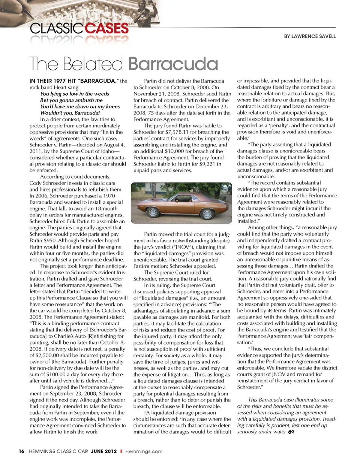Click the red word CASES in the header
coord(107,28)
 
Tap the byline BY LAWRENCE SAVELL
coord(309,36)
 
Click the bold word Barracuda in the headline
coord(173,64)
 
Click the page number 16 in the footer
coord(21,451)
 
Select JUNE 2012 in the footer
coord(103,451)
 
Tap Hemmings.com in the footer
coord(144,451)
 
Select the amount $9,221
coord(204,164)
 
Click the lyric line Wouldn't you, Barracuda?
coord(70,113)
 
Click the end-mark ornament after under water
coord(291,432)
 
